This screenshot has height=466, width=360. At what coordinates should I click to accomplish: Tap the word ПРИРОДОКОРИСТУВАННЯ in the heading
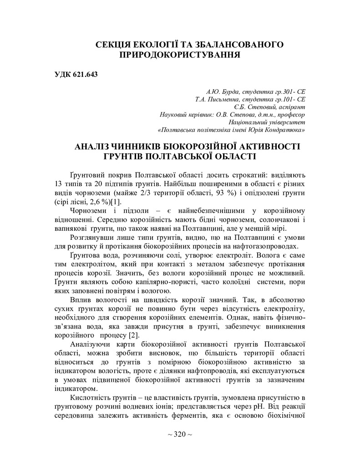(179, 55)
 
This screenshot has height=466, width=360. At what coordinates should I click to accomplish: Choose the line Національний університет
(267, 122)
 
